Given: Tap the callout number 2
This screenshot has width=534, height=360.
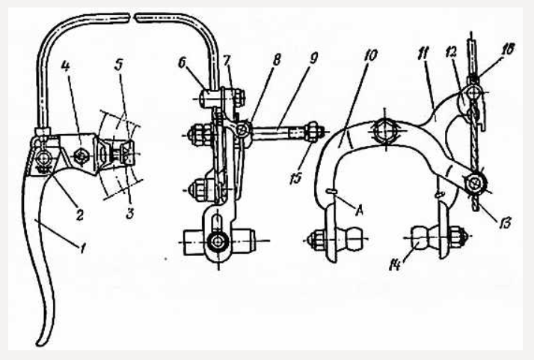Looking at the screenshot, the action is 80,215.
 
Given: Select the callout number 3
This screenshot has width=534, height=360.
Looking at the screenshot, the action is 129,213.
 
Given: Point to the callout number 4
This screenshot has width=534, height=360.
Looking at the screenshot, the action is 66,66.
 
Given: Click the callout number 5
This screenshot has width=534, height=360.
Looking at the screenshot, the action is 118,65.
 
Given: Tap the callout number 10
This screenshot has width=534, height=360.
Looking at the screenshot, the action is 370,55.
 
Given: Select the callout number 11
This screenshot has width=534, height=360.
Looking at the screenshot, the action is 424,55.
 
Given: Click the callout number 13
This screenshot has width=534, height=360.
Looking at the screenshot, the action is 506,224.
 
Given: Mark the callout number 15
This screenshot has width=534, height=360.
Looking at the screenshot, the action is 295,178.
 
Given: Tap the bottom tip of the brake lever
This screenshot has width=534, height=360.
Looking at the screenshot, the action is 40,344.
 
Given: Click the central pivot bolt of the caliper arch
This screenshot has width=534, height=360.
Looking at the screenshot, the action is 385,130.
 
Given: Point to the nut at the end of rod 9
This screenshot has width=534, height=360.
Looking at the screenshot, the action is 312,131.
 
